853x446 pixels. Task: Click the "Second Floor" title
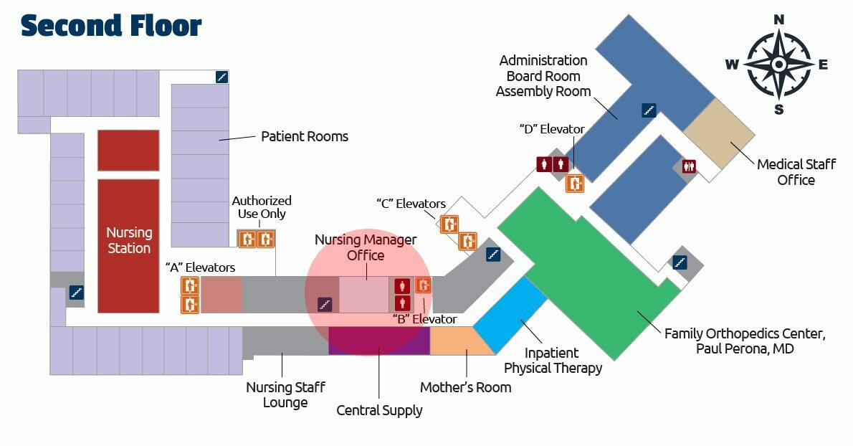(x=111, y=26)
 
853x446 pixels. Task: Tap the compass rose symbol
(x=778, y=65)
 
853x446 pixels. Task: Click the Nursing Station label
(x=129, y=240)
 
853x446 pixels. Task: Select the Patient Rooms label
(x=304, y=136)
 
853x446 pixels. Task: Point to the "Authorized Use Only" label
(x=262, y=207)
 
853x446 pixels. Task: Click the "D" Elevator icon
(x=574, y=183)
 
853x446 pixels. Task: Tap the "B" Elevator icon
(x=423, y=285)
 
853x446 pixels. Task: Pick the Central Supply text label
(x=379, y=411)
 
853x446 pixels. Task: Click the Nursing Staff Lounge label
(x=285, y=394)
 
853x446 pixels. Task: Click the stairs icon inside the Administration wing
(x=649, y=110)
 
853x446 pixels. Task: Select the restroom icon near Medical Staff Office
(x=690, y=165)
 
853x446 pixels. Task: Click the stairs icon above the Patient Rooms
(x=222, y=77)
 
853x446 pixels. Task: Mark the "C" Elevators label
(x=411, y=204)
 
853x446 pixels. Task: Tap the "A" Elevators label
(x=200, y=267)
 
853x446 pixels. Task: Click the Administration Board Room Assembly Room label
(x=543, y=76)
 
